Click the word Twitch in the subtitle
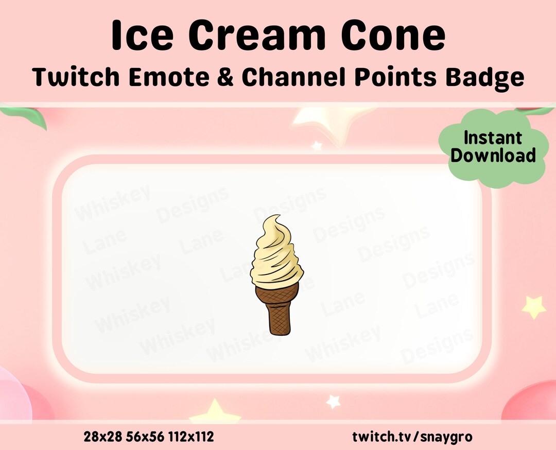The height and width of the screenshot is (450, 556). pos(71,77)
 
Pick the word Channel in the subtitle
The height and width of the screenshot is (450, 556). pos(294,77)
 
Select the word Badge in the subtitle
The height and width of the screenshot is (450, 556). pos(486,77)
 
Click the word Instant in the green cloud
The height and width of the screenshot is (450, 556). pos(493,138)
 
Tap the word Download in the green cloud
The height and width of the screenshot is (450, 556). pos(493,155)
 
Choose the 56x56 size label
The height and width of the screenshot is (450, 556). pos(144,437)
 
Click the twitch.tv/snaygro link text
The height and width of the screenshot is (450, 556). pos(412,437)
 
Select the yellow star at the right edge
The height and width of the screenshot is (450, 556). pos(534,307)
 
